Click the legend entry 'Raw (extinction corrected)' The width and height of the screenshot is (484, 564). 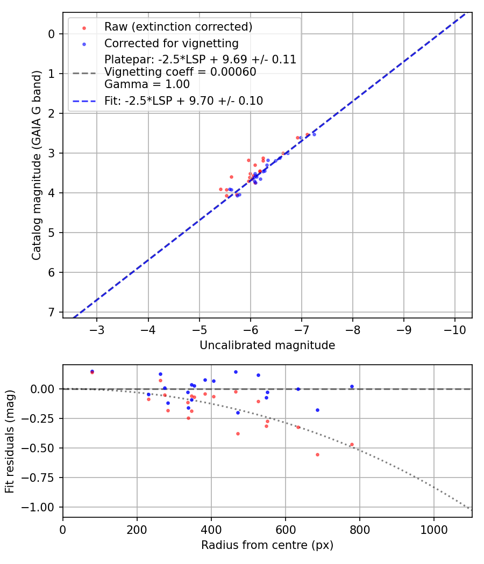(178, 27)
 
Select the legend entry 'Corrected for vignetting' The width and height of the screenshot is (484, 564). (171, 43)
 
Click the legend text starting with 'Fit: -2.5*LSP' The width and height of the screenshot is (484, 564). (183, 100)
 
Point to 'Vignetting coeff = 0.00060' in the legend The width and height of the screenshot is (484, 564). (180, 72)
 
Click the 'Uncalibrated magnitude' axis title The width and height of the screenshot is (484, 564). (267, 345)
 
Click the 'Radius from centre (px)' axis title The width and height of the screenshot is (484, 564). (267, 545)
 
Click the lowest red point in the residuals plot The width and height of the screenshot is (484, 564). (317, 454)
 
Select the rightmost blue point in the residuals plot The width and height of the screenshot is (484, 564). (352, 386)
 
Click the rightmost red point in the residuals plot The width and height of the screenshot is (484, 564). (352, 444)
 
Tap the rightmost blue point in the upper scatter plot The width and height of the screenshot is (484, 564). (314, 134)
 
